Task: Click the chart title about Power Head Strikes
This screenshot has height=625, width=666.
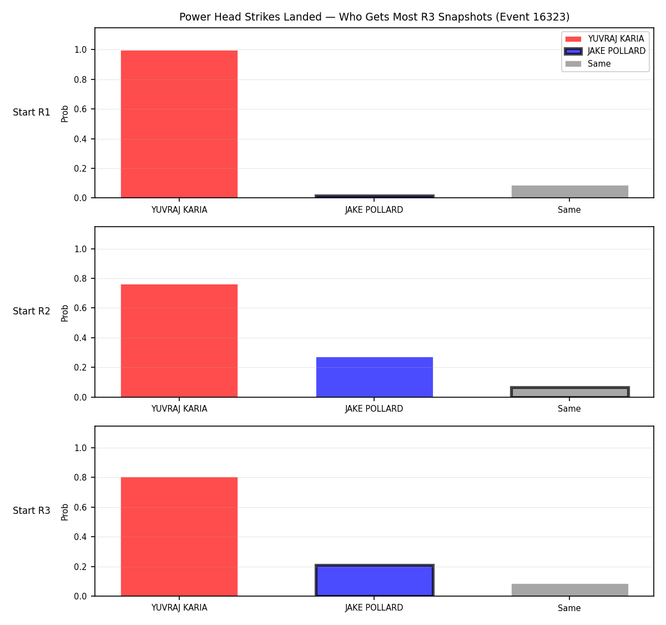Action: point(374,17)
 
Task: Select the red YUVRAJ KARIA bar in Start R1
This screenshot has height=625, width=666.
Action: point(179,124)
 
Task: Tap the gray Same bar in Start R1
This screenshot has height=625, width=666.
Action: point(569,192)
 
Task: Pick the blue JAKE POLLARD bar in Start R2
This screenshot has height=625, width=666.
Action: point(374,377)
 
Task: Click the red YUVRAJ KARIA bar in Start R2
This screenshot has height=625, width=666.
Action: point(179,341)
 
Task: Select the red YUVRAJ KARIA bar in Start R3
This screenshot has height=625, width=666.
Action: point(179,537)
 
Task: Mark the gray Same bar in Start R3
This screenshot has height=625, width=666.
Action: point(569,590)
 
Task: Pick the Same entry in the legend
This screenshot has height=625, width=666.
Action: point(588,64)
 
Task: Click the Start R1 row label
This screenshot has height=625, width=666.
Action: point(32,112)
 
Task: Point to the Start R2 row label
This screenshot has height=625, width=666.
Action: point(32,311)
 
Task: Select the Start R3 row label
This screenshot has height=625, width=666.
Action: point(32,511)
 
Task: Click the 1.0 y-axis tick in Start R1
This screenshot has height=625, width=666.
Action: point(80,49)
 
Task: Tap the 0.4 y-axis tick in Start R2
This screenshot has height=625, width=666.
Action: point(80,338)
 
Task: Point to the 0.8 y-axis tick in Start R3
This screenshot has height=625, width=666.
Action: point(80,477)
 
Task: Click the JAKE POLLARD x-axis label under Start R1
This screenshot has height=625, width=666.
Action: point(374,210)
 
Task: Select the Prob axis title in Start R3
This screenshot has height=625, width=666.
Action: point(65,512)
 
